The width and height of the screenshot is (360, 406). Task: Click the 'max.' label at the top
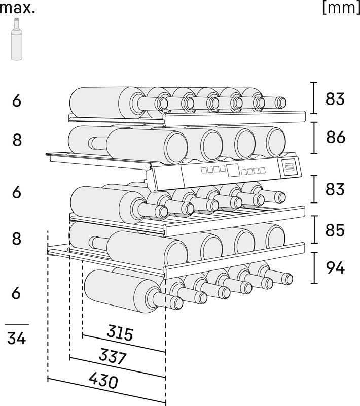(17, 8)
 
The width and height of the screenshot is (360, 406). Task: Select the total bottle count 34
(17, 337)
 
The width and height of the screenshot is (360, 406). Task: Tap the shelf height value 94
(335, 268)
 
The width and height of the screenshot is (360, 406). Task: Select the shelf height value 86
(335, 138)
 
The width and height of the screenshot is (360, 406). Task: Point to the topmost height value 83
(335, 99)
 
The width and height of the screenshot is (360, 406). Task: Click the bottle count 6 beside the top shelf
(17, 101)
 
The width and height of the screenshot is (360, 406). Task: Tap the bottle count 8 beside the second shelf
(17, 141)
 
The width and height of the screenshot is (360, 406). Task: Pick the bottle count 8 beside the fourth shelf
(17, 239)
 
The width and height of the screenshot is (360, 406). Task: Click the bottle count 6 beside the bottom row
(17, 293)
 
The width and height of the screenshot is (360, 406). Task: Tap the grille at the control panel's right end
(290, 167)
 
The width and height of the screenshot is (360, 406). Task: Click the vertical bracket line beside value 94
(315, 268)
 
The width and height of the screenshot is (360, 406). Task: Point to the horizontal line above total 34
(17, 324)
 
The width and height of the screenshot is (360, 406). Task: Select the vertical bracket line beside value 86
(315, 138)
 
